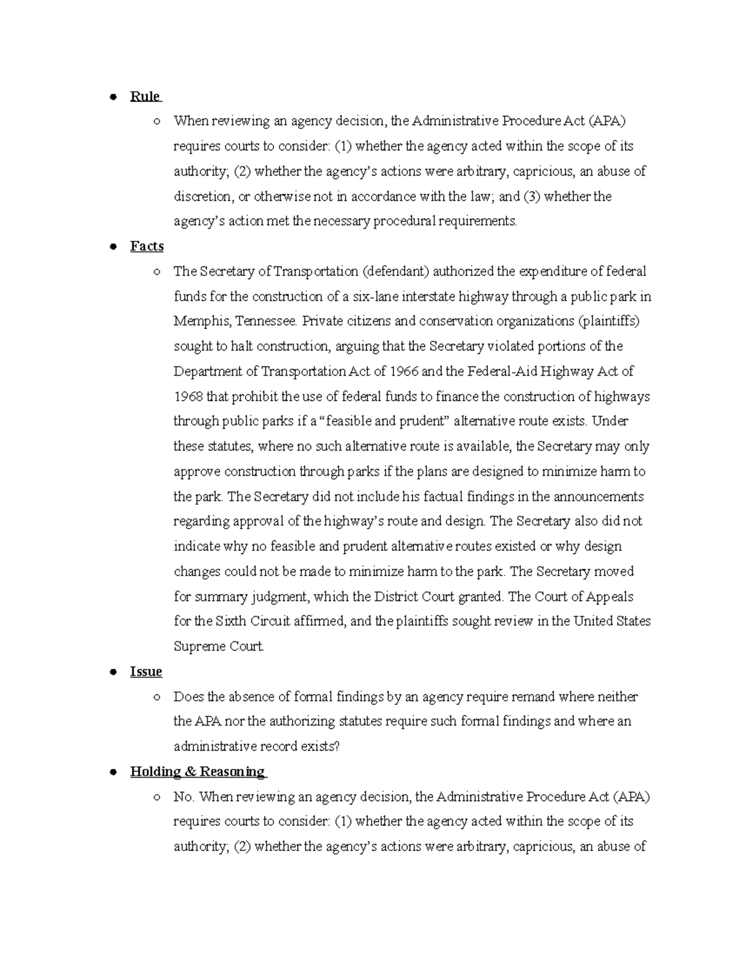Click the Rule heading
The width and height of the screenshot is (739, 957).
pos(145,97)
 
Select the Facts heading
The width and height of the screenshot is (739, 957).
pos(147,246)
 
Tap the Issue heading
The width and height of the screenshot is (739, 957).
pos(146,672)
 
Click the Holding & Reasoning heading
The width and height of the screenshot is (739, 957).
pos(197,772)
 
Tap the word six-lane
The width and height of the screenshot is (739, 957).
pos(376,297)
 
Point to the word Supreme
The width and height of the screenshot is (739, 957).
pos(197,647)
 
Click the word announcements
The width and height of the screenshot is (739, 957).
pos(598,497)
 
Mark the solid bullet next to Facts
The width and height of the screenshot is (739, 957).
pos(113,246)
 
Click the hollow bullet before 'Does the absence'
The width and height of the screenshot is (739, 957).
pos(157,698)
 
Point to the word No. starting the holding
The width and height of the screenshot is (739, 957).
pos(184,797)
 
